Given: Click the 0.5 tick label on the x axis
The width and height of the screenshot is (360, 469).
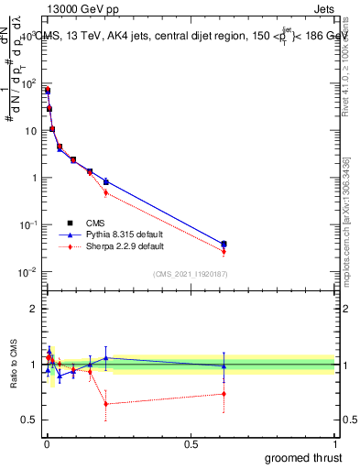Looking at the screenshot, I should coord(191,444).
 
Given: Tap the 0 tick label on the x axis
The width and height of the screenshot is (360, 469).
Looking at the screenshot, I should coord(46,444).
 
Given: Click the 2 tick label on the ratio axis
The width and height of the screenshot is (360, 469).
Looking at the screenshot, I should coord(32,309).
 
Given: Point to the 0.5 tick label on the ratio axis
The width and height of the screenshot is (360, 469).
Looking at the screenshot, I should coord(28,420).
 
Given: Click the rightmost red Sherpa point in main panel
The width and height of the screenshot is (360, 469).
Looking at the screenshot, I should coord(224,251).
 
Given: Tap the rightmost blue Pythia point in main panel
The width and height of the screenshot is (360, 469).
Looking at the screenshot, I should coord(224,244).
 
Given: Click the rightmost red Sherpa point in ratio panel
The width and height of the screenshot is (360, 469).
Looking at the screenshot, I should coord(224,394).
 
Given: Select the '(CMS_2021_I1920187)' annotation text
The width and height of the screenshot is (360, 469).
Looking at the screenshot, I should coord(189,275).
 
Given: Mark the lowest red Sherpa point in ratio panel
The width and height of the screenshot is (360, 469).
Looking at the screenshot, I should coord(106,403).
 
